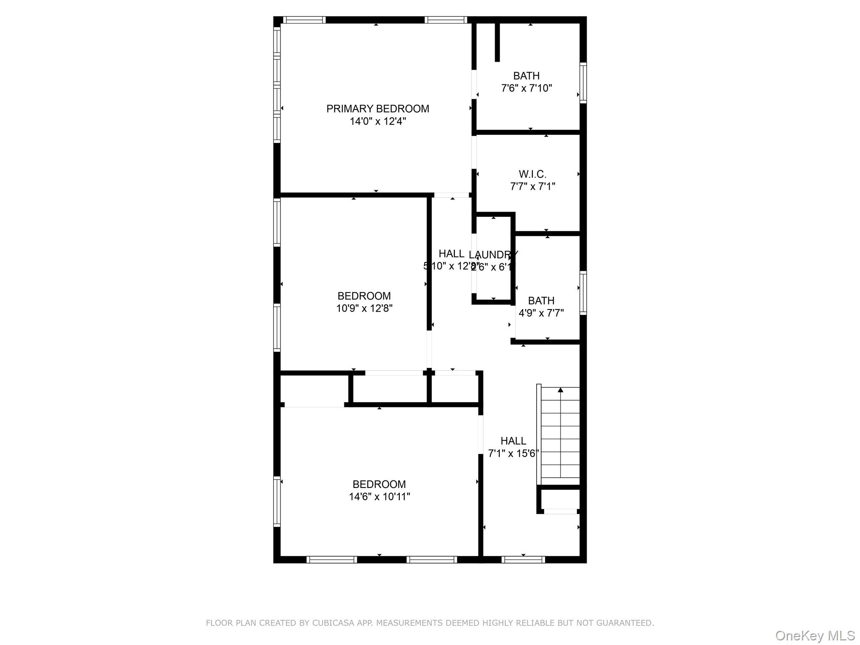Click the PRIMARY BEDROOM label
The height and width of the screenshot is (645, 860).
[x=378, y=109]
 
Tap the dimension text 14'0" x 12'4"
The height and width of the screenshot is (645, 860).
[x=378, y=121]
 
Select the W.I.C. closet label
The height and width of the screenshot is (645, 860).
[x=532, y=174]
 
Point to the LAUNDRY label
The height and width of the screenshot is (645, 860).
[x=493, y=254]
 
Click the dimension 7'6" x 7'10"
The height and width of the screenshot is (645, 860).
[x=527, y=88]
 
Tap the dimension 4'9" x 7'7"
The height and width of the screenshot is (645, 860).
[x=541, y=313]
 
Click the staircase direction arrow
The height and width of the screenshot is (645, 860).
[x=560, y=390]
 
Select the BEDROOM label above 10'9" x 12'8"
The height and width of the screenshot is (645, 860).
[x=364, y=296]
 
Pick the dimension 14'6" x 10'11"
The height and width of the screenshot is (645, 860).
[x=379, y=496]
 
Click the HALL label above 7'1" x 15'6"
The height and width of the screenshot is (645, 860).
[x=513, y=441]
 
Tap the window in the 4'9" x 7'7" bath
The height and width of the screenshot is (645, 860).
[x=583, y=293]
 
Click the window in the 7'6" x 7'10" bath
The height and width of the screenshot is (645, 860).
[x=583, y=83]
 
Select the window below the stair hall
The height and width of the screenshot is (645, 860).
[x=523, y=559]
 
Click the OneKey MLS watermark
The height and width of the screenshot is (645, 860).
[x=815, y=636]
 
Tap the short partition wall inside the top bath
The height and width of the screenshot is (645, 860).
[x=497, y=42]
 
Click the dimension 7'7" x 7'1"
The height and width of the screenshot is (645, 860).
[x=532, y=186]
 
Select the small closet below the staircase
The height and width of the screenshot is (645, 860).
[x=560, y=499]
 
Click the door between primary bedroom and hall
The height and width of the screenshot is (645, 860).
[x=451, y=195]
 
